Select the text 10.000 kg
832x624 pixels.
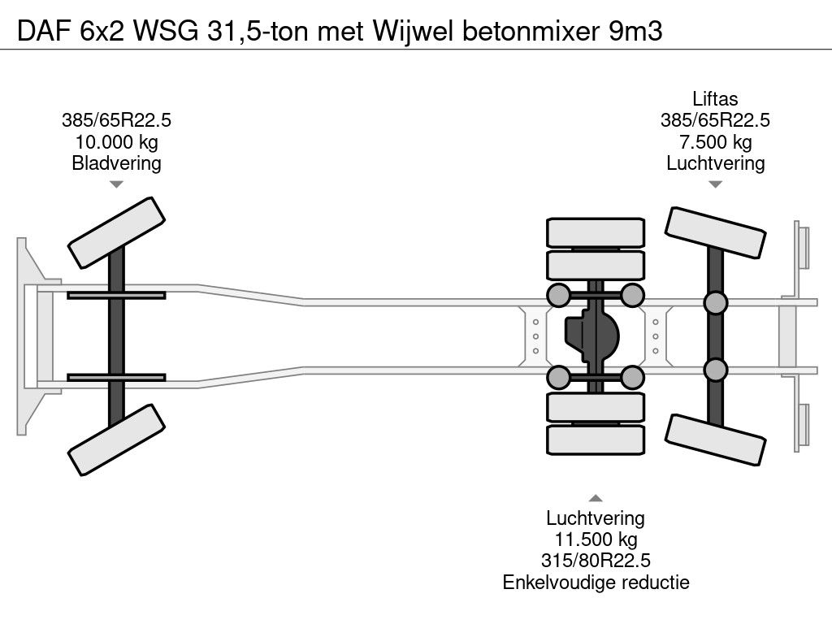click(116, 142)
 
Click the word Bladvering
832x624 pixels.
click(116, 163)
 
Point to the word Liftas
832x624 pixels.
click(715, 99)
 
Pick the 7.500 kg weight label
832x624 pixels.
click(715, 142)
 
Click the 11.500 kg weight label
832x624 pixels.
click(596, 539)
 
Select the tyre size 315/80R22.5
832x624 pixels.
click(596, 561)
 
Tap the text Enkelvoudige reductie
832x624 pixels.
click(596, 582)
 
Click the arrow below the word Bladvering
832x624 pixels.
click(116, 184)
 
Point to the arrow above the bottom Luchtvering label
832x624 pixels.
click(596, 498)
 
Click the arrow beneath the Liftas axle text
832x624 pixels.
click(715, 184)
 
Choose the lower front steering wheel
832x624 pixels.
click(117, 441)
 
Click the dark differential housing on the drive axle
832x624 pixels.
click(591, 335)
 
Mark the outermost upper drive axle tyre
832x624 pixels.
click(596, 232)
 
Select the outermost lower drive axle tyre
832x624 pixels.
click(596, 440)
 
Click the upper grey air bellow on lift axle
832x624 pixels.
click(715, 303)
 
